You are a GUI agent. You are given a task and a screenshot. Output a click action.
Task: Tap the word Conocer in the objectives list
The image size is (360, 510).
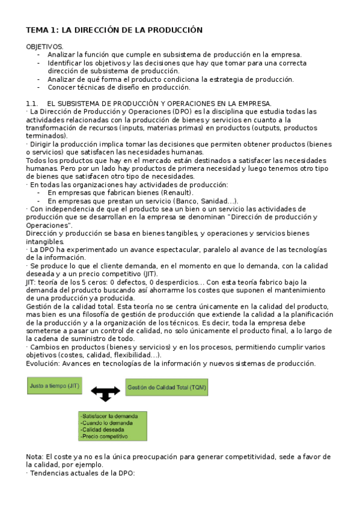(x=61, y=87)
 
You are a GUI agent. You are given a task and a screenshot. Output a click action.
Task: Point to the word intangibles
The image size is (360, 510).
(x=45, y=241)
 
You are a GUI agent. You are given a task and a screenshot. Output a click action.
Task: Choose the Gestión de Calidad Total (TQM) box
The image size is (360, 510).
(x=166, y=388)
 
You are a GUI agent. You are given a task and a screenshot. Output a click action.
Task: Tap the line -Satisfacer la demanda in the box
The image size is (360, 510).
(x=109, y=416)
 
